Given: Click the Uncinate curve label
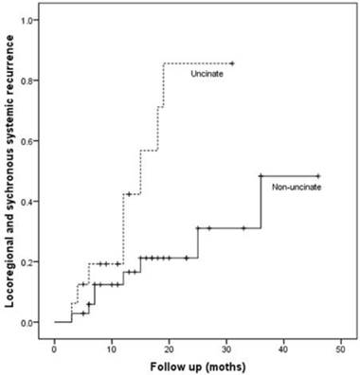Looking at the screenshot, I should click(x=206, y=74).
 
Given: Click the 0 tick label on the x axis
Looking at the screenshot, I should click(x=55, y=344).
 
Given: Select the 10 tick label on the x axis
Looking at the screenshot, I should click(x=112, y=344).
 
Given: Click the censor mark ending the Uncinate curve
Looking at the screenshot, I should click(x=232, y=63).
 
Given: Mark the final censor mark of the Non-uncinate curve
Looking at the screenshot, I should click(x=318, y=176).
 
